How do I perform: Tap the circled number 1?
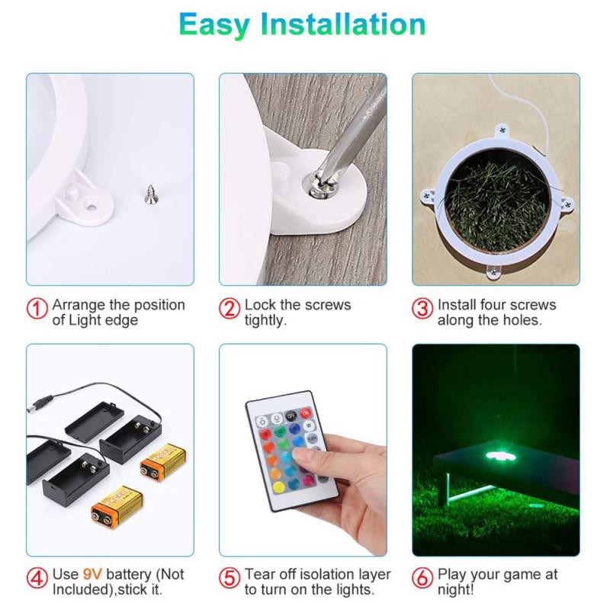[x=37, y=309]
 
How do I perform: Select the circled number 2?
[x=230, y=309]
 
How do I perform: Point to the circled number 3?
[x=422, y=309]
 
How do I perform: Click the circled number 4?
[x=37, y=578]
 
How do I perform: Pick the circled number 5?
[x=230, y=578]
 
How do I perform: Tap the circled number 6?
[x=422, y=578]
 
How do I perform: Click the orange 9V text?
[x=92, y=574]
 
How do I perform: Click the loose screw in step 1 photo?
[x=150, y=194]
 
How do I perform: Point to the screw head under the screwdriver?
[x=320, y=188]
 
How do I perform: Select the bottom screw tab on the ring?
[x=493, y=274]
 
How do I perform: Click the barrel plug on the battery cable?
[x=40, y=403]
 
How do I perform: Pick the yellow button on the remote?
[x=278, y=487]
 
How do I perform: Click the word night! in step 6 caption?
[x=455, y=589]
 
